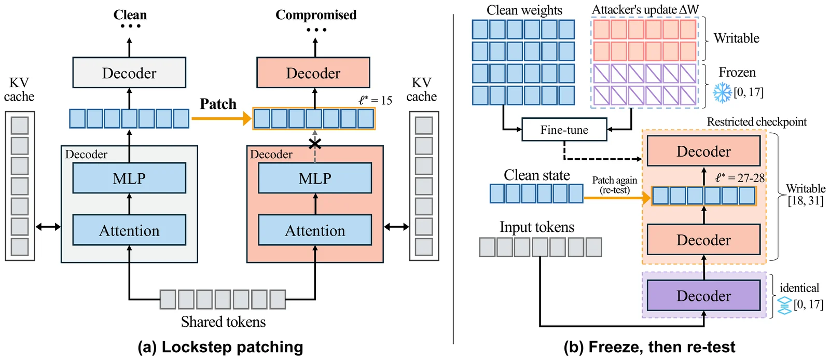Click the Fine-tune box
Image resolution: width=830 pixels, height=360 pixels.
click(564, 130)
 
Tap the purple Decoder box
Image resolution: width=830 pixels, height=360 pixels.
click(703, 296)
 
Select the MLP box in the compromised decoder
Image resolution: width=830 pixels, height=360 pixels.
click(315, 178)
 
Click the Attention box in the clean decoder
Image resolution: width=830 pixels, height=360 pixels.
click(129, 230)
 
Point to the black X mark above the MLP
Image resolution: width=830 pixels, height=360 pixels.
click(315, 144)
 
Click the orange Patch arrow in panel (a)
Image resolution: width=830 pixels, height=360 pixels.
click(222, 118)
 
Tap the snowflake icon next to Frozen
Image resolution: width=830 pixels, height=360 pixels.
click(722, 92)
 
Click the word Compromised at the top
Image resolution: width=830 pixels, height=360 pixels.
click(316, 15)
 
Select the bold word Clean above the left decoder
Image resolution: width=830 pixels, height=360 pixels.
click(130, 15)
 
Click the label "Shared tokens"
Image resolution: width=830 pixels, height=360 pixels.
click(223, 322)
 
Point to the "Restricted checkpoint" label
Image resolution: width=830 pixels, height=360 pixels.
click(757, 122)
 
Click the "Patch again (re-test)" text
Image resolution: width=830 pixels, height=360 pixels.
click(615, 185)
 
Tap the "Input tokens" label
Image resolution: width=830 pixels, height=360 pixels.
click(537, 227)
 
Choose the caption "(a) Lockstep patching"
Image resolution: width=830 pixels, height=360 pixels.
click(220, 347)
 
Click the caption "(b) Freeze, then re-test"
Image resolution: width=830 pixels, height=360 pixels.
click(649, 347)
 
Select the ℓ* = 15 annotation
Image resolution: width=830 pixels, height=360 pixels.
click(376, 100)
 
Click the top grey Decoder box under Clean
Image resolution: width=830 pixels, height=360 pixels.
click(129, 73)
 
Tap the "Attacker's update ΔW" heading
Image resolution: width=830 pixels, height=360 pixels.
click(645, 9)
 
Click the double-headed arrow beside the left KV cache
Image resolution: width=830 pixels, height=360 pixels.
click(48, 227)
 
